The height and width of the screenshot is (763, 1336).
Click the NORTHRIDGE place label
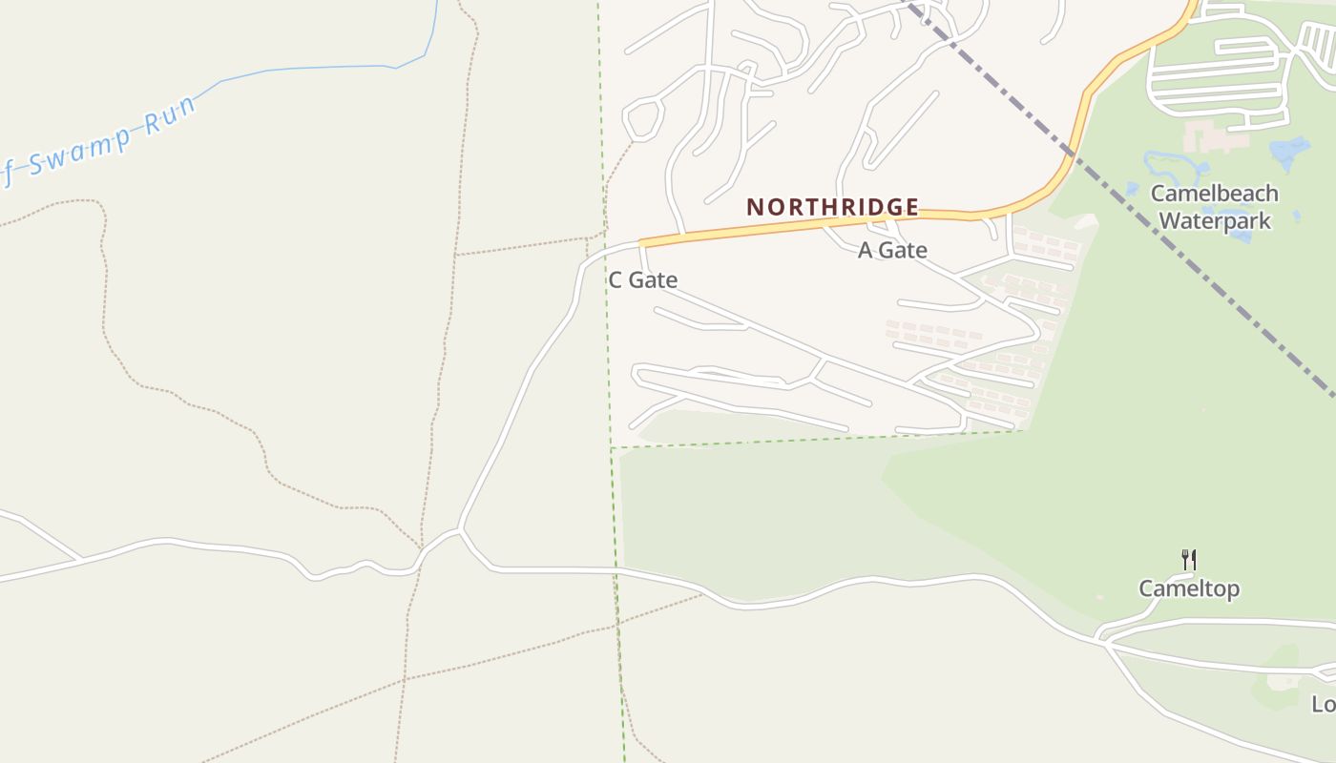point(832,207)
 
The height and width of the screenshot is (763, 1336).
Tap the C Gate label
point(642,280)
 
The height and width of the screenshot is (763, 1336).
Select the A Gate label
point(892,251)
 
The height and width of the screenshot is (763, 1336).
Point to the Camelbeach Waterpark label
point(1214,207)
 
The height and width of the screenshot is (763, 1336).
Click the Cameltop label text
point(1189,588)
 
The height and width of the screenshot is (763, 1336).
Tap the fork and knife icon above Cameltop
point(1189,560)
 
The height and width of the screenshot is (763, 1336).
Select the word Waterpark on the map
point(1214,221)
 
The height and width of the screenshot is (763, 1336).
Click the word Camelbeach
point(1214,194)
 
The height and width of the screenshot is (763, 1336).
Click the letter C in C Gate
point(616,280)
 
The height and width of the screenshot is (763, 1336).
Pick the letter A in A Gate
point(866,251)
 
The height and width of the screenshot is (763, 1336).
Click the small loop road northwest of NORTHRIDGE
point(642,118)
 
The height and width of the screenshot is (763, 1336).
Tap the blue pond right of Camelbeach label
point(1289,152)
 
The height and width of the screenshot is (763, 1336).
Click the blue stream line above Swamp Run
point(305,69)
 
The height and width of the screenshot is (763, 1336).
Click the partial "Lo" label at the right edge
point(1324,704)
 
